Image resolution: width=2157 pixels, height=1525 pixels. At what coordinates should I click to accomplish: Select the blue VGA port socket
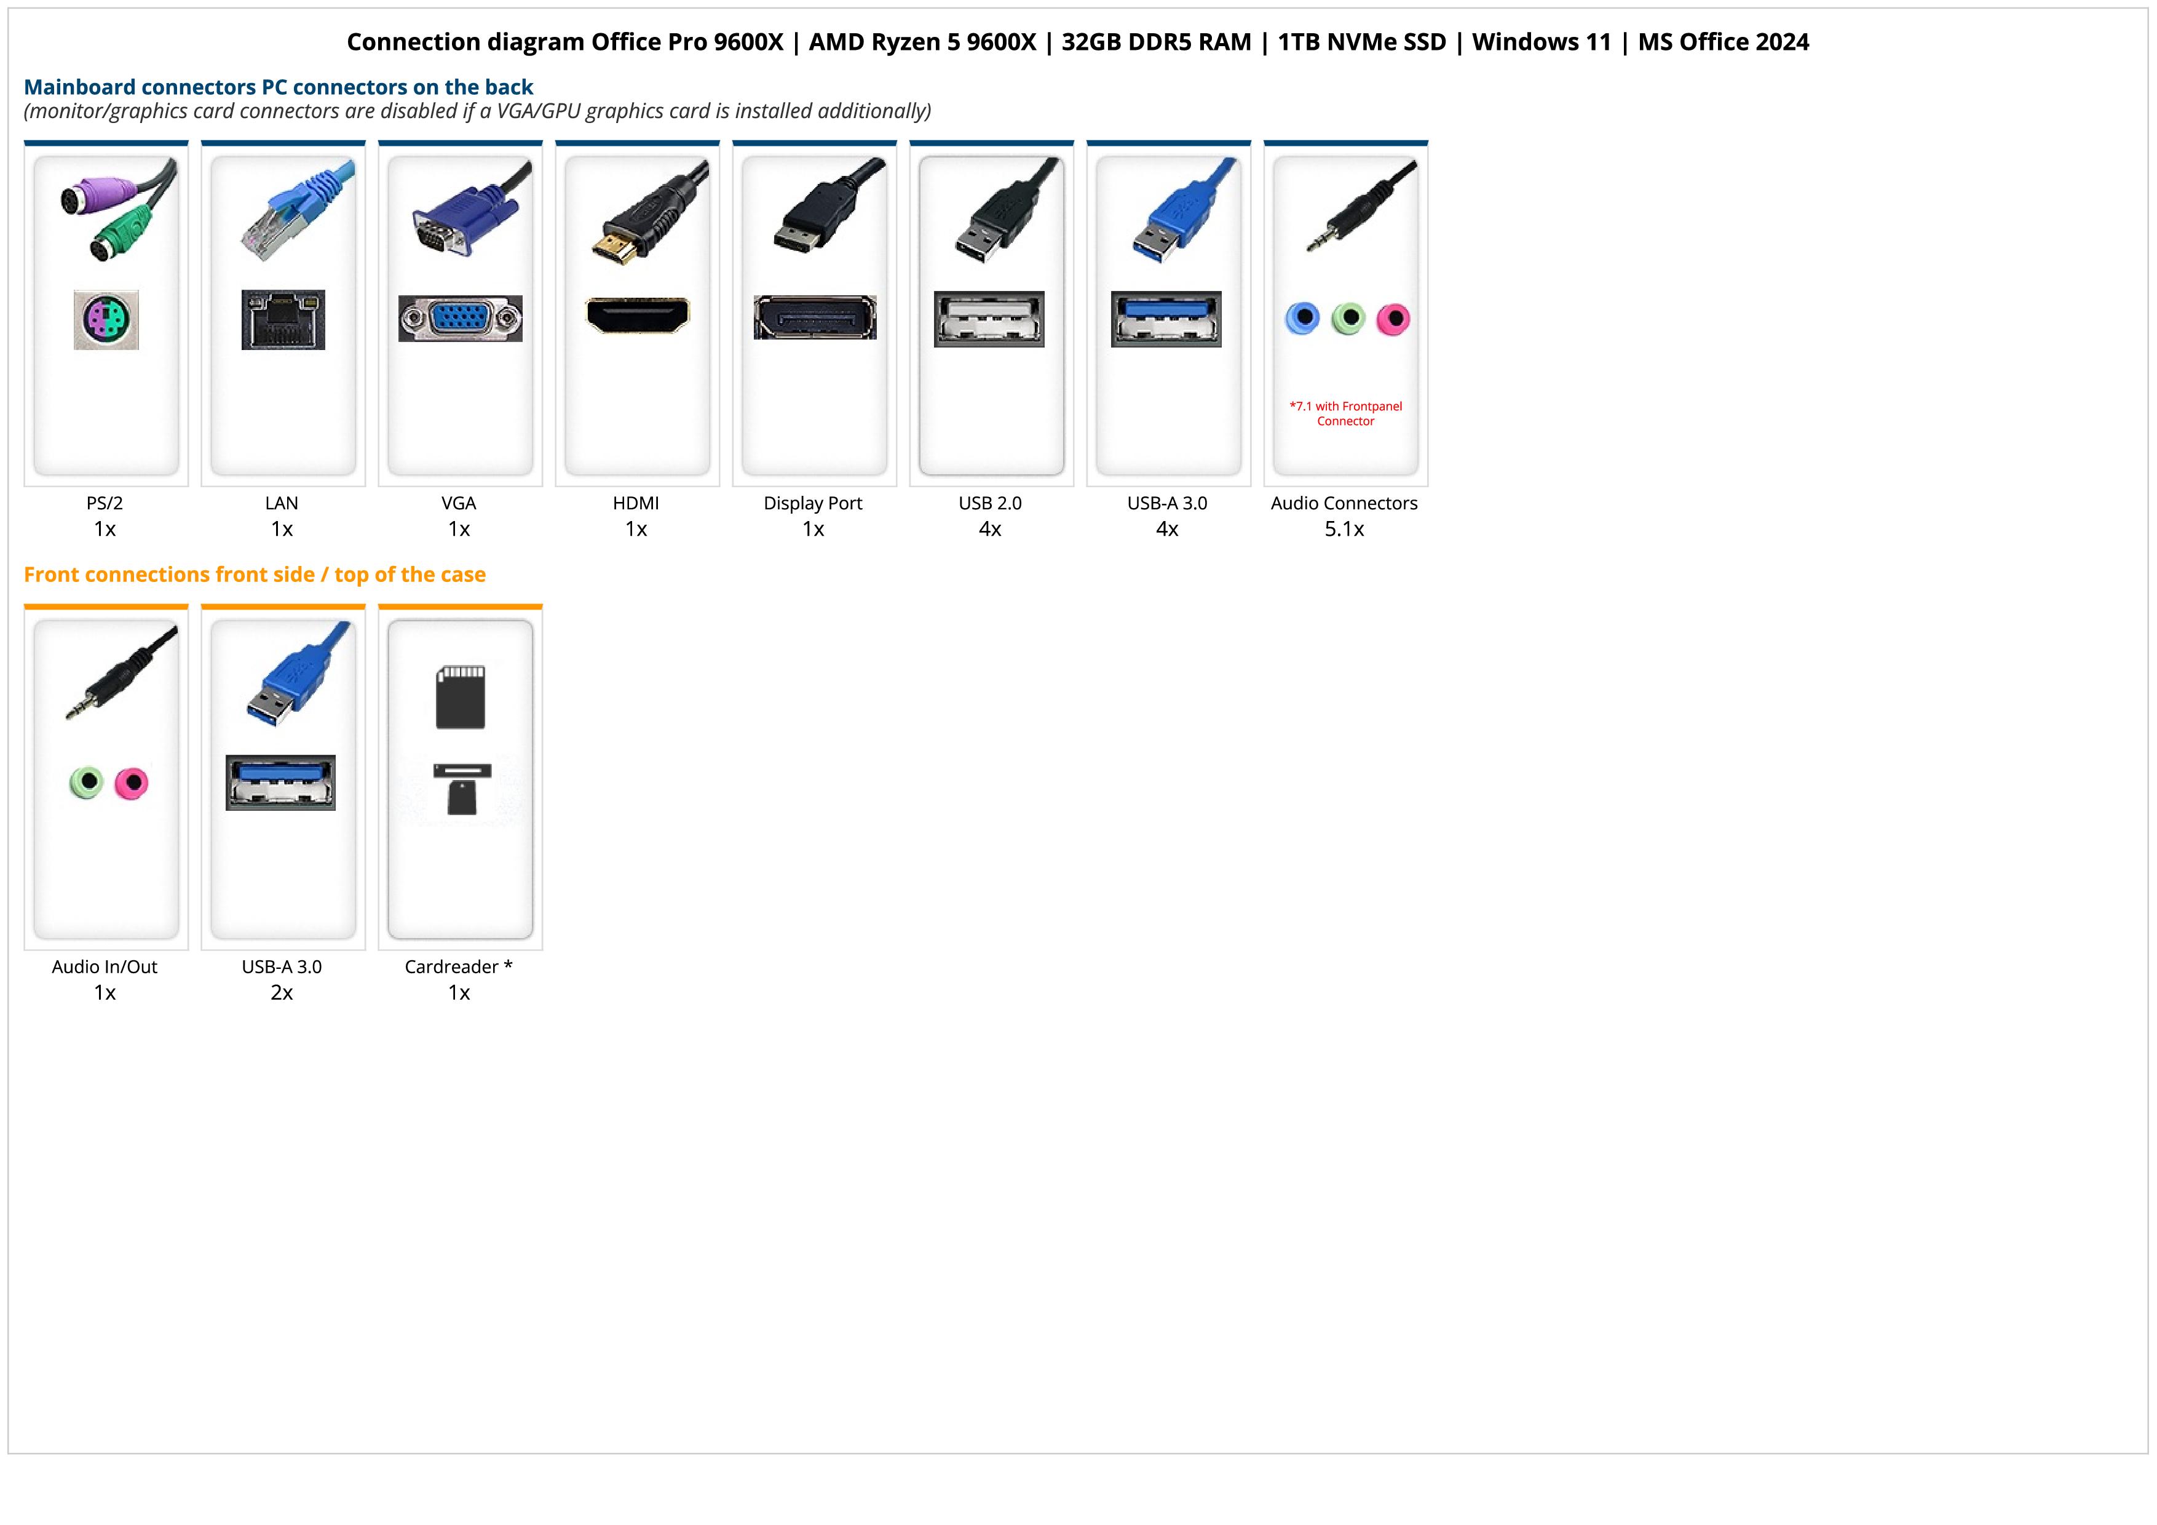coord(461,319)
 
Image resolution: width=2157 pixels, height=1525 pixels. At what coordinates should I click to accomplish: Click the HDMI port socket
coord(637,316)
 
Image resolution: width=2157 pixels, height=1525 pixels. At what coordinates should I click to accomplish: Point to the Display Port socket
coord(815,317)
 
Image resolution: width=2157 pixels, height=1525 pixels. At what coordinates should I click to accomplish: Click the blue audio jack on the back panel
coord(1302,319)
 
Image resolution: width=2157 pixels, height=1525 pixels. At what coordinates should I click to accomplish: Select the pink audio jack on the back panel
coord(1393,319)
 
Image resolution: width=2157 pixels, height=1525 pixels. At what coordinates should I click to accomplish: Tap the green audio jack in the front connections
coord(87,782)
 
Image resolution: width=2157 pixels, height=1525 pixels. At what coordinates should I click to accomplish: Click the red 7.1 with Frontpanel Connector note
coord(1345,413)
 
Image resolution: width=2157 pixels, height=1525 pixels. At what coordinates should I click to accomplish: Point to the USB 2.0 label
coord(990,504)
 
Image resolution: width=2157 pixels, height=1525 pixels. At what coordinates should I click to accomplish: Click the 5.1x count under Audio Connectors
coord(1344,529)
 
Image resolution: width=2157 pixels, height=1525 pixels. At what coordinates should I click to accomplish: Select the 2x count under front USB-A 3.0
coord(282,993)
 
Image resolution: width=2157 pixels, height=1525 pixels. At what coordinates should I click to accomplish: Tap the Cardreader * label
coord(459,967)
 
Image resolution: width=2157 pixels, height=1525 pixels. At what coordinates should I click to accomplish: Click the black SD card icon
coord(461,697)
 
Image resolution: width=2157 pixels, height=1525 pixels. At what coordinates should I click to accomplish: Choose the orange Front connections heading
coord(255,575)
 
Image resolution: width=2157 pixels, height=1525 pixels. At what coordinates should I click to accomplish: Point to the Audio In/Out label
coord(105,967)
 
